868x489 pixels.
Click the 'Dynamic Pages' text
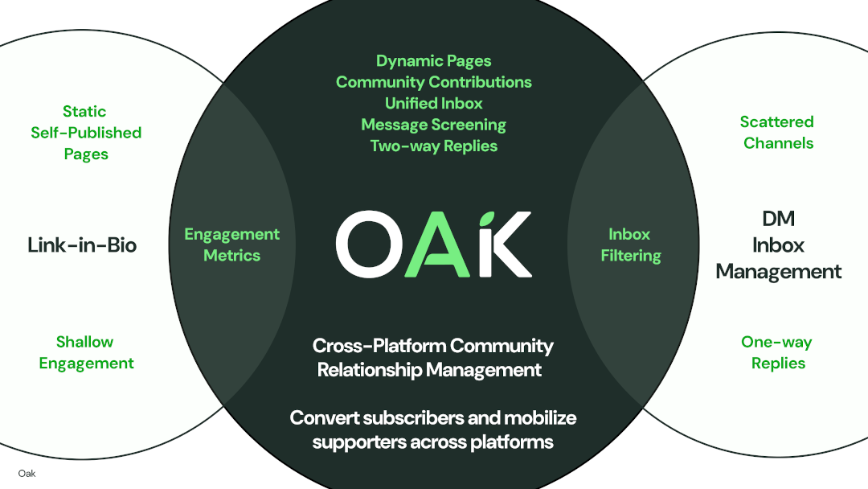[x=433, y=61]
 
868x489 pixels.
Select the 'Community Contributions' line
[x=433, y=82]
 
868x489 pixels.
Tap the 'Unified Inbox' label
[x=433, y=103]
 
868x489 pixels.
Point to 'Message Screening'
[x=433, y=125]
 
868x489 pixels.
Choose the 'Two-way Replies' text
[x=433, y=146]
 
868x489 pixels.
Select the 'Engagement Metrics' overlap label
[x=231, y=244]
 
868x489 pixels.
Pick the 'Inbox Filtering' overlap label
[x=631, y=244]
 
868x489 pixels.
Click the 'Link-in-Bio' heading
[x=82, y=244]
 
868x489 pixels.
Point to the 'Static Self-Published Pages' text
[x=85, y=133]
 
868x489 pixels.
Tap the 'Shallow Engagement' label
[x=85, y=352]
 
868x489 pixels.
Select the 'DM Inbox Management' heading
[x=778, y=244]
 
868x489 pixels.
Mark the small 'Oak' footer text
[x=27, y=474]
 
